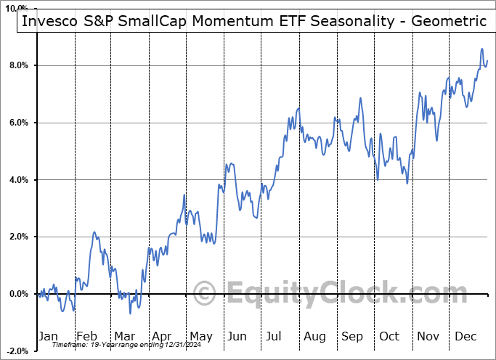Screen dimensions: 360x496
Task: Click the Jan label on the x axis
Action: click(x=49, y=336)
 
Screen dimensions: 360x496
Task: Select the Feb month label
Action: click(x=87, y=336)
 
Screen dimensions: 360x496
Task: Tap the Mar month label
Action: click(x=124, y=336)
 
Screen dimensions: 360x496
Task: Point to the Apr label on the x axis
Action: click(x=162, y=336)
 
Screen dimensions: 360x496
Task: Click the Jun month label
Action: click(x=237, y=336)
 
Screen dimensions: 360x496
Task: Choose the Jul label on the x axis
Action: click(x=275, y=336)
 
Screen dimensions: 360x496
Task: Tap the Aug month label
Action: click(x=314, y=336)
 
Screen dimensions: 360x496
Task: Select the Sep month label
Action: click(x=351, y=336)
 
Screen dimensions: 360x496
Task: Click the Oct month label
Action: click(x=389, y=336)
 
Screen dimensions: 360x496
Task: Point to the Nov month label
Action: click(x=428, y=336)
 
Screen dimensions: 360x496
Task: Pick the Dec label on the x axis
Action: click(x=465, y=336)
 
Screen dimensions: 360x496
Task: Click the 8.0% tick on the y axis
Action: click(x=17, y=65)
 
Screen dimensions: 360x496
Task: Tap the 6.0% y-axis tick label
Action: click(x=17, y=123)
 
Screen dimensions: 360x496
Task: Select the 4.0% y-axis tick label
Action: click(x=17, y=180)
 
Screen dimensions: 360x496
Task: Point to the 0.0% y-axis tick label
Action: click(x=17, y=294)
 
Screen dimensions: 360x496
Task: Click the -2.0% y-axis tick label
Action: click(x=16, y=351)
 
